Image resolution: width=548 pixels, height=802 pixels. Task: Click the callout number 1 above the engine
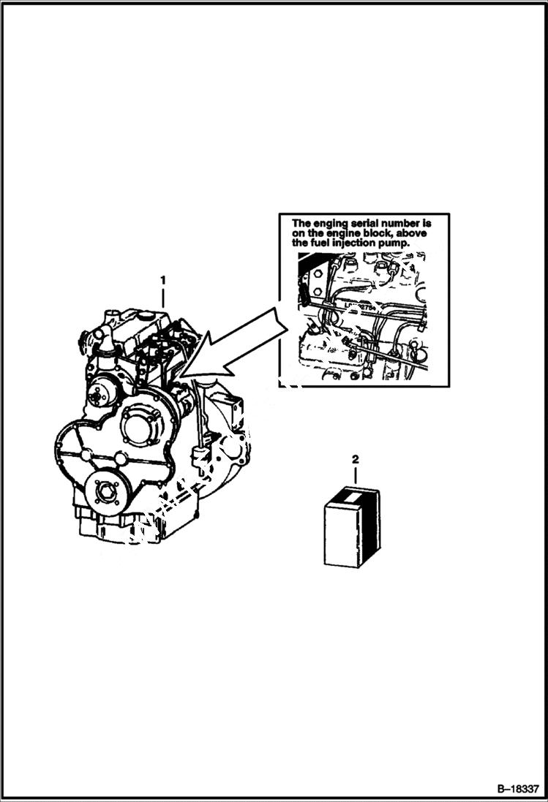tap(163, 280)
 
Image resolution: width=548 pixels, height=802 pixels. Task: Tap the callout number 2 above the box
tap(356, 459)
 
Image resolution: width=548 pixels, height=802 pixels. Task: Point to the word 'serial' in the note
tap(364, 223)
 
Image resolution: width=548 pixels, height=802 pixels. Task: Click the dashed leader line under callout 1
tap(163, 300)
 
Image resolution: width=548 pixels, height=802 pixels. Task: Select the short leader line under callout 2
tap(356, 476)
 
